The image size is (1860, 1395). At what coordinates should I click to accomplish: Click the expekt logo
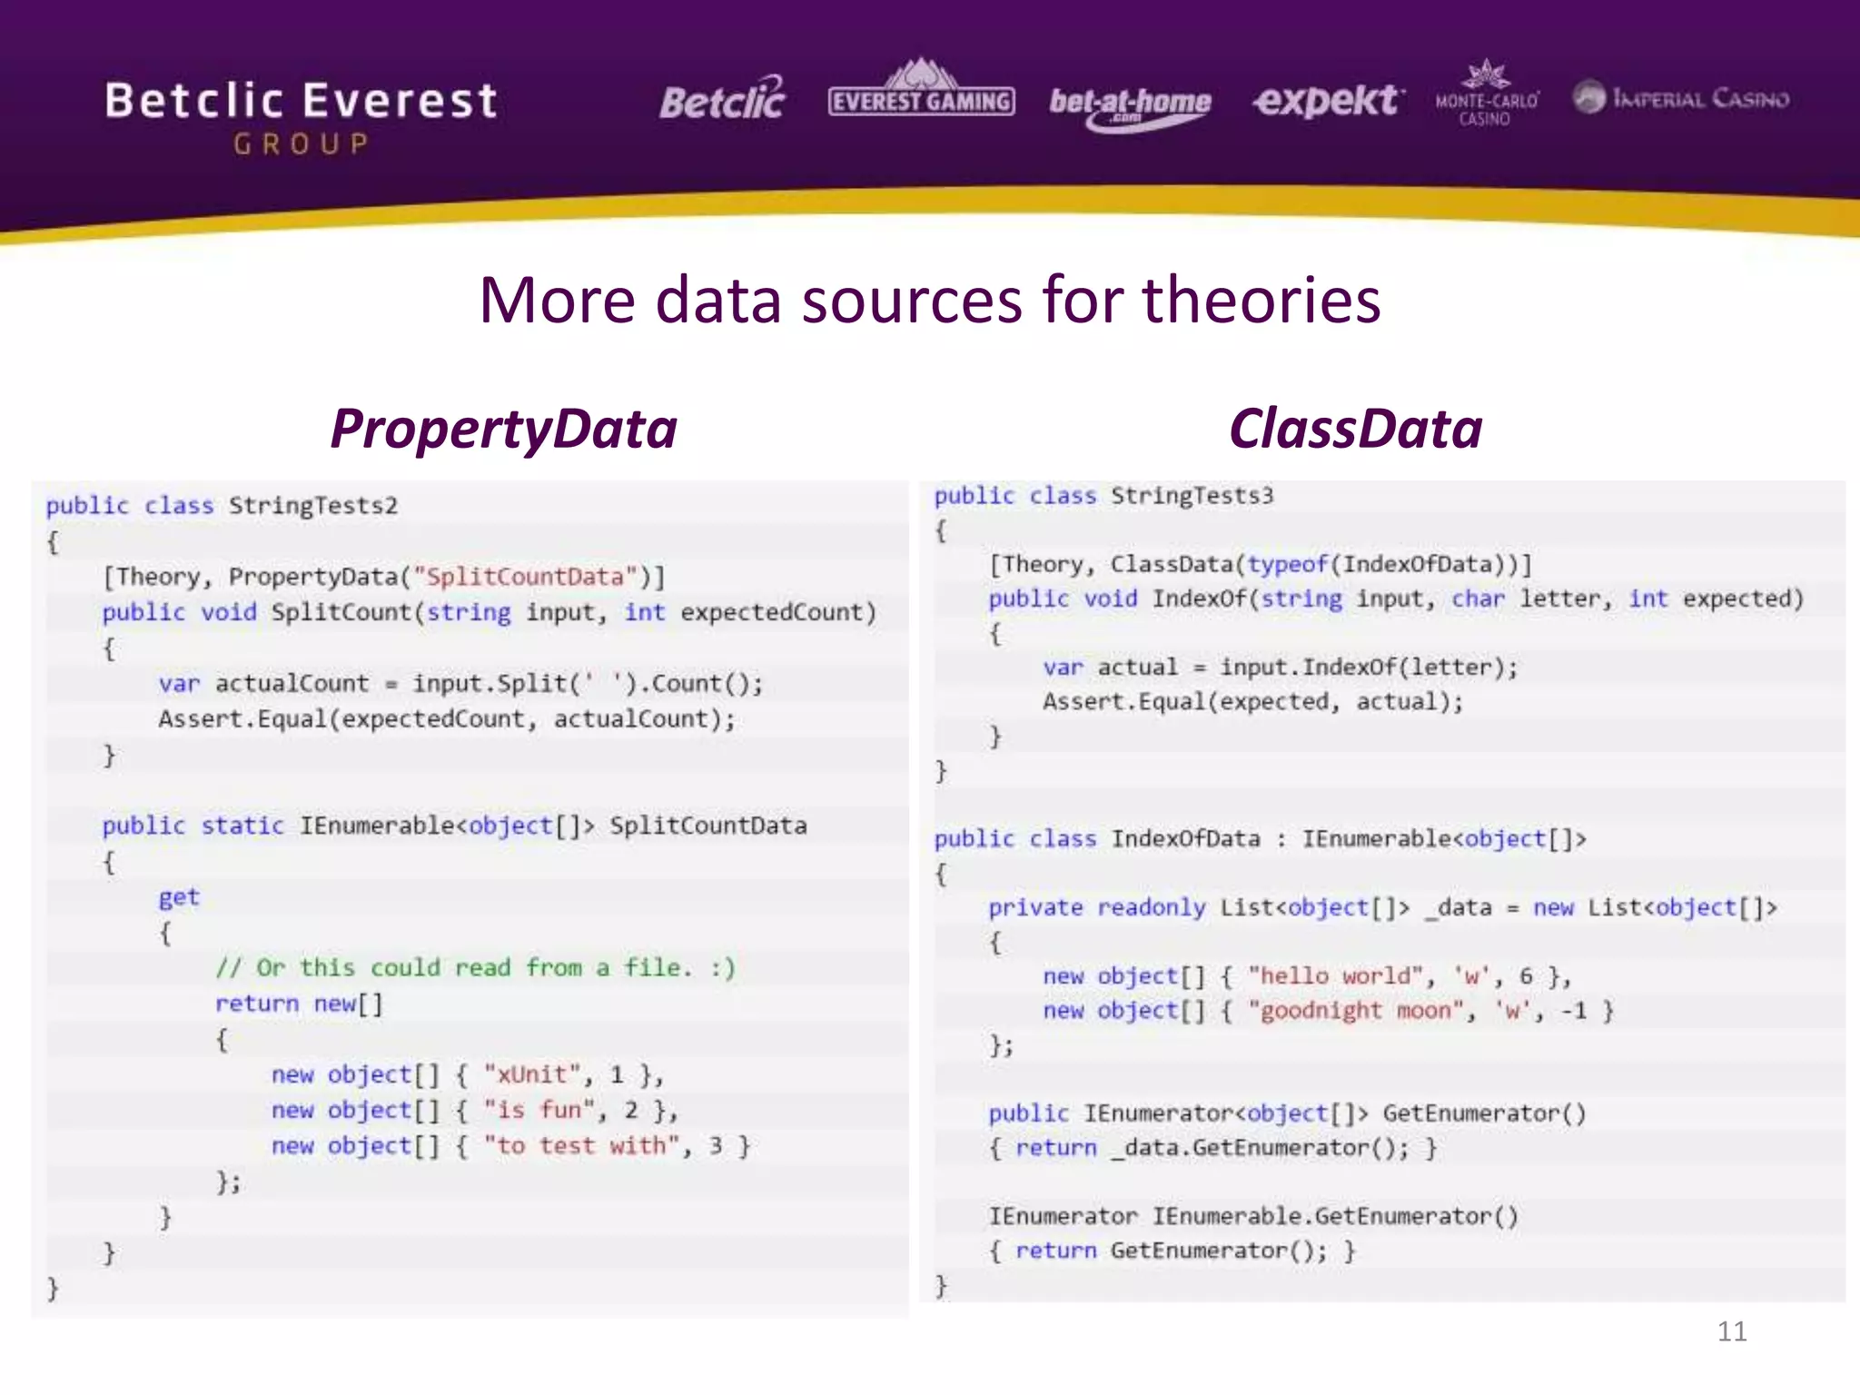1327,100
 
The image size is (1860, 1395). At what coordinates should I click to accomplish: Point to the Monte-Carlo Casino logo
1486,95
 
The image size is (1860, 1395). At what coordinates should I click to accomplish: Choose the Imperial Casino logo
1681,98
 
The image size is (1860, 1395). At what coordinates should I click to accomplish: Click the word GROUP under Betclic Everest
301,144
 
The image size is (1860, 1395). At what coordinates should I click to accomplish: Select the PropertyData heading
503,429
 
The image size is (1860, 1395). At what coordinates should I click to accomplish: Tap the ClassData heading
1355,429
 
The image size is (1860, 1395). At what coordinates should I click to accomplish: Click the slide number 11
1731,1331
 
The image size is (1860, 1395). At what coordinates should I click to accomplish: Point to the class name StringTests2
312,506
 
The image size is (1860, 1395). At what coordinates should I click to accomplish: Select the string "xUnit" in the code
531,1075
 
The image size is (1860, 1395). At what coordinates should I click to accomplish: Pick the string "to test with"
581,1146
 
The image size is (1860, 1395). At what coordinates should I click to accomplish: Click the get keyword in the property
178,898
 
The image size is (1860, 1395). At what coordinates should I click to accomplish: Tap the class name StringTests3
1192,496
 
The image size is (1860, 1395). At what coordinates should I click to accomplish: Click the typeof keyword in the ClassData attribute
1287,565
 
